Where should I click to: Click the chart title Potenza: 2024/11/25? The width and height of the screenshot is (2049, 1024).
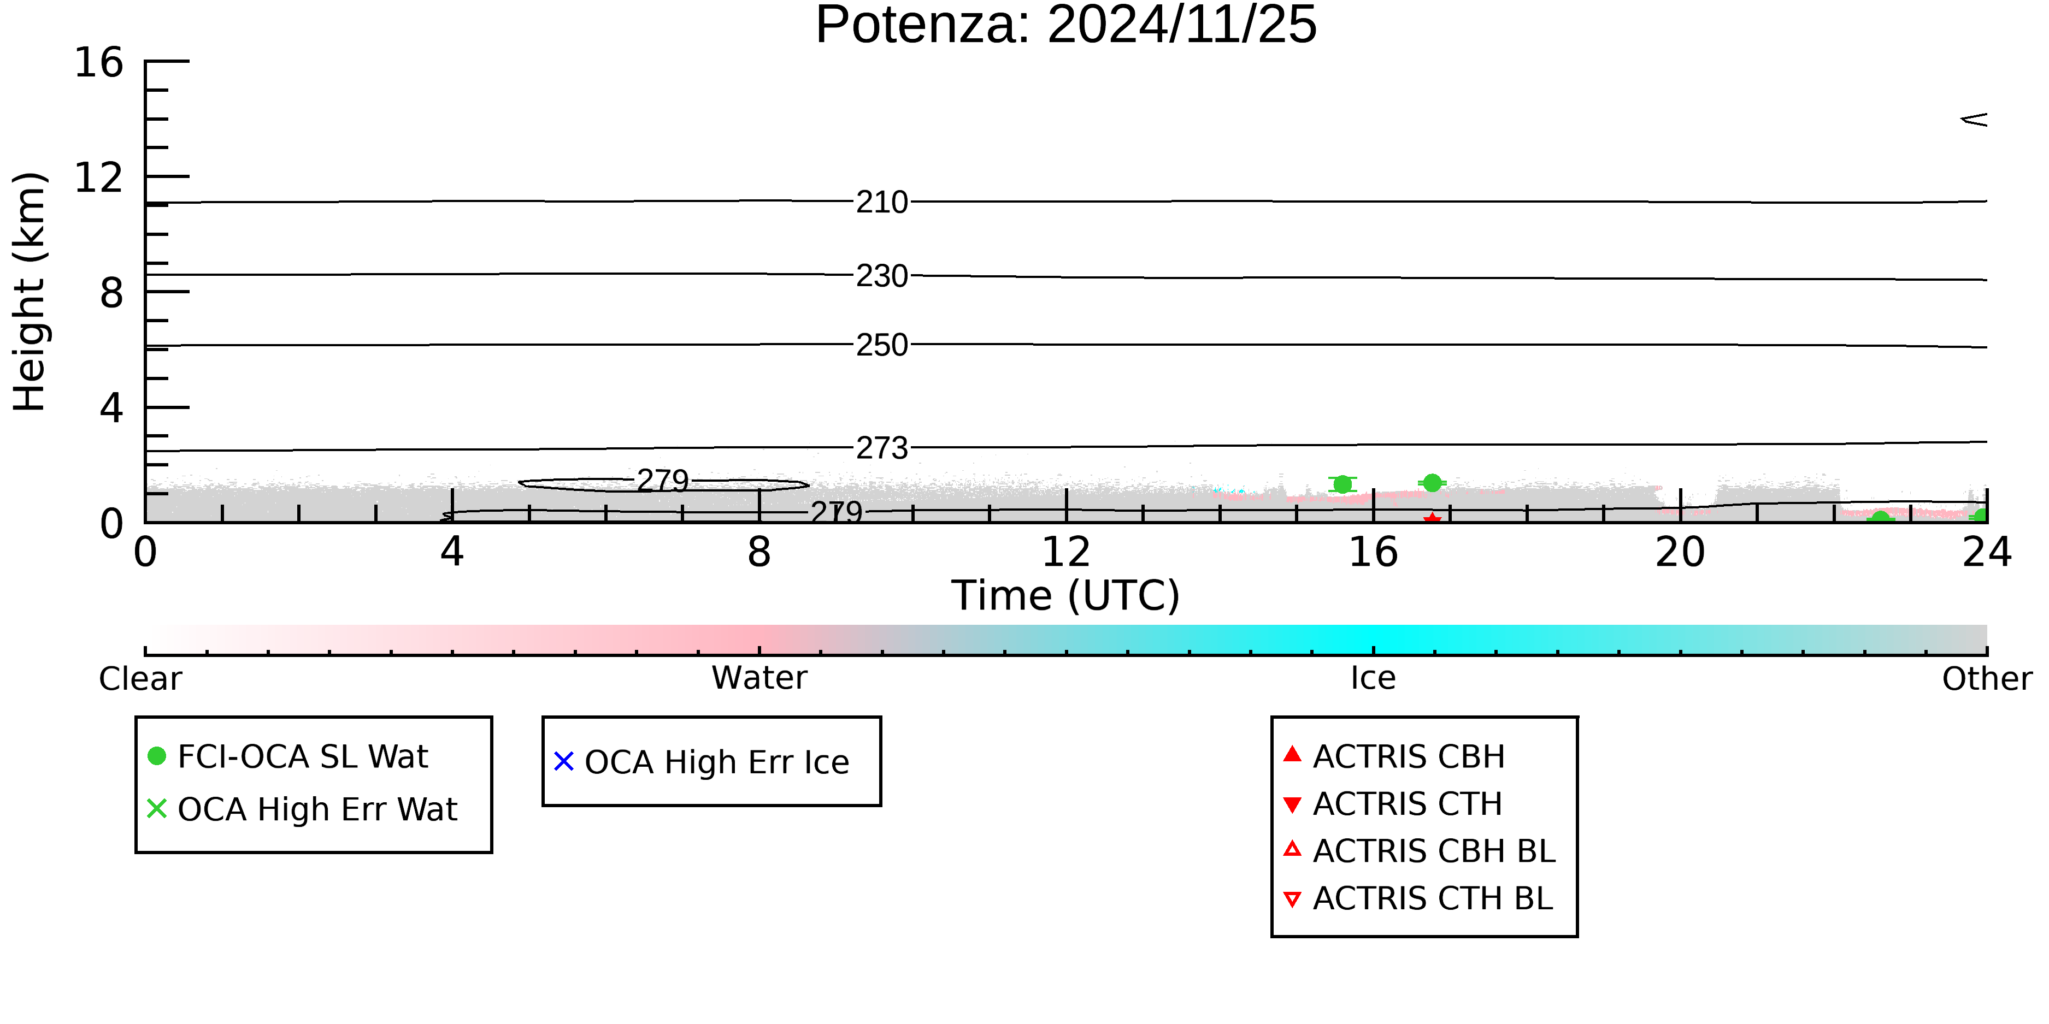pyautogui.click(x=1066, y=26)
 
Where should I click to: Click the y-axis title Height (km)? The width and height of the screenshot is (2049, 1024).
pyautogui.click(x=30, y=292)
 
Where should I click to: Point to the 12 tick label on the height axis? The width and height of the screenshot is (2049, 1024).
pyautogui.click(x=99, y=177)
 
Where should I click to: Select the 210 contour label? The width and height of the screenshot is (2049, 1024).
pyautogui.click(x=882, y=203)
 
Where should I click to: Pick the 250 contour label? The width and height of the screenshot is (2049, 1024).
pyautogui.click(x=882, y=346)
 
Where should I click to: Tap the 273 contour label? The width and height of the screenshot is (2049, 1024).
pyautogui.click(x=882, y=449)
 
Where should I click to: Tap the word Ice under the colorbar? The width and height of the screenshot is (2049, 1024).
pyautogui.click(x=1373, y=679)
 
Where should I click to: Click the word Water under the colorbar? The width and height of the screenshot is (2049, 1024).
pyautogui.click(x=759, y=678)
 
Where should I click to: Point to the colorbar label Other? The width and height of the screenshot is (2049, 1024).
pyautogui.click(x=1987, y=679)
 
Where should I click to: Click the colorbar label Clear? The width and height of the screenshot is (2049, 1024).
pyautogui.click(x=140, y=679)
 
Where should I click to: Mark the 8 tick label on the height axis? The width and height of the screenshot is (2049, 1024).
pyautogui.click(x=111, y=293)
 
